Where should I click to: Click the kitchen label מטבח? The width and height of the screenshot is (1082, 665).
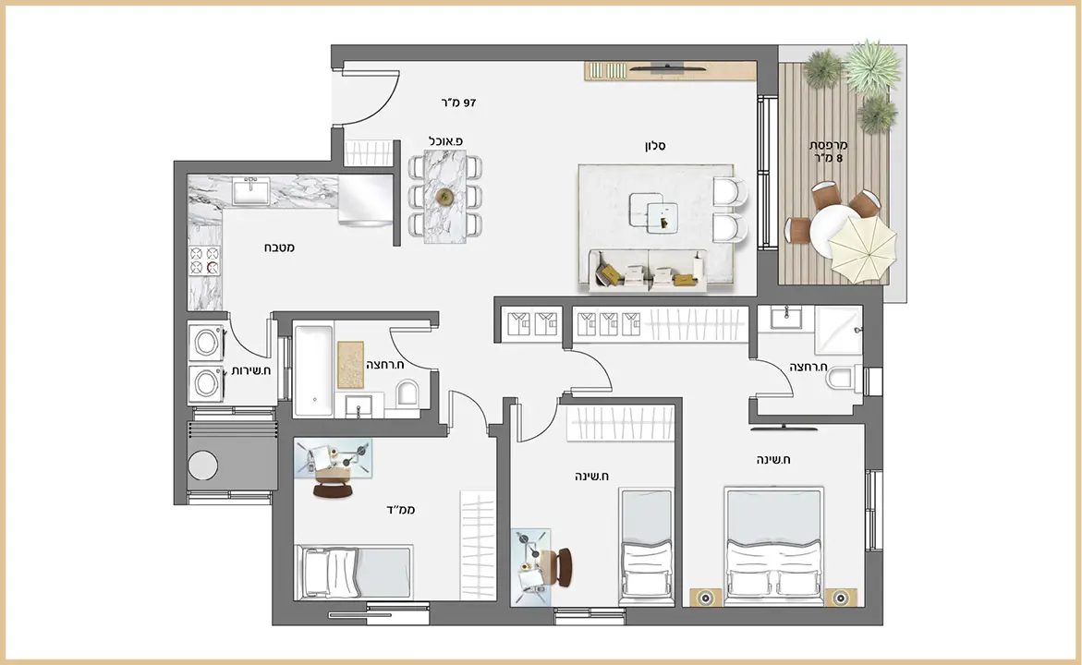279,247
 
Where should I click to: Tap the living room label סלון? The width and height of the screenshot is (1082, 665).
655,146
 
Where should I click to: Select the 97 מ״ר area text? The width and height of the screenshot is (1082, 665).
459,103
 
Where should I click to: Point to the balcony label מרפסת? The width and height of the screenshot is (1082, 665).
828,145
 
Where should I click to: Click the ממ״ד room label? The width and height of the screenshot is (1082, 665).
400,510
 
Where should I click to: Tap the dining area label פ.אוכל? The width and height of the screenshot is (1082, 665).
445,140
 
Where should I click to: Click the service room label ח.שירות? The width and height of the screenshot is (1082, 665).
251,370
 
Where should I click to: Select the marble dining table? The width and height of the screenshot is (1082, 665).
445,197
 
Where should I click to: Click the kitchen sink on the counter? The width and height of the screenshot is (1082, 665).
251,191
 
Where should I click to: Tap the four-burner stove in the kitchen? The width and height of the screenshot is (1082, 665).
205,260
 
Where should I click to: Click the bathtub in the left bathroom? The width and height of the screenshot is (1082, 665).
314,371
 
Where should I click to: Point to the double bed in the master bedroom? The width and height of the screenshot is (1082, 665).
773,547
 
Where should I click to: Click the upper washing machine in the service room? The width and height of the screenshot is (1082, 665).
206,342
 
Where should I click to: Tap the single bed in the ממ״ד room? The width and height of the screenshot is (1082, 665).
353,573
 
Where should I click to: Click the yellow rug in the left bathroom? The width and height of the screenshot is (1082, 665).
350,364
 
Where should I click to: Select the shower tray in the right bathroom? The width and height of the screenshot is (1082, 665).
838,330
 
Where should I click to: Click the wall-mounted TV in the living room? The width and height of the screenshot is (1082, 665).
666,67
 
